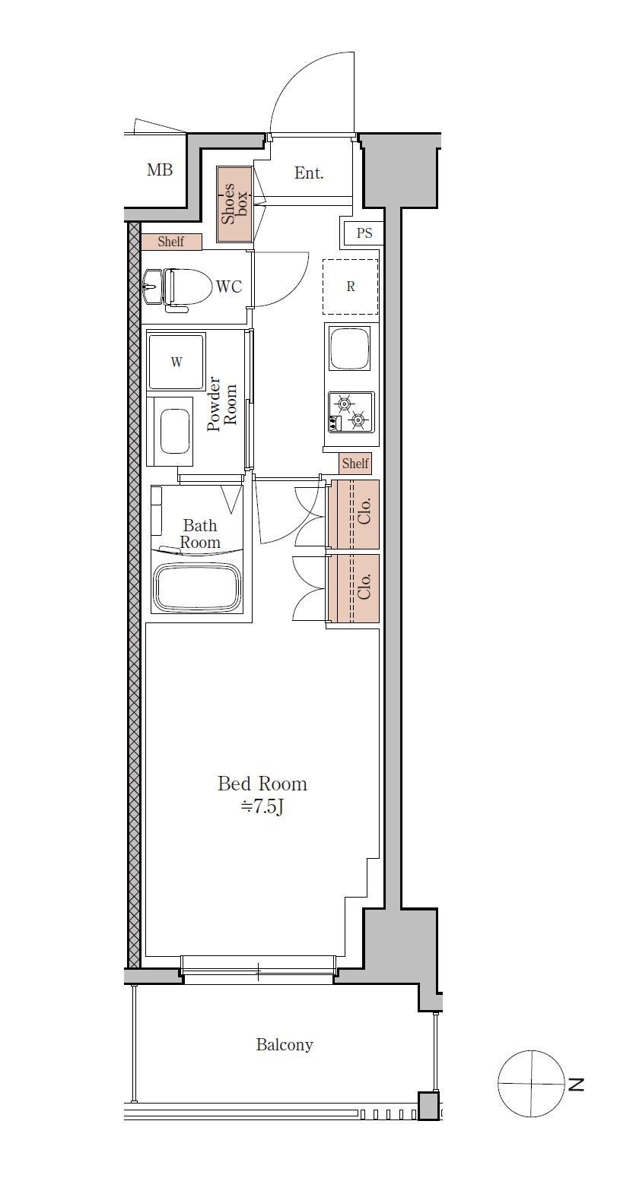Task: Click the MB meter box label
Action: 160,170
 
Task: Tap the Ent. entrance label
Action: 309,173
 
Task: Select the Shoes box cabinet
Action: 234,204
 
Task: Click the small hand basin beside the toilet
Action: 153,287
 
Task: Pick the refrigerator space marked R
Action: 351,287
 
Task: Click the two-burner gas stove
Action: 351,412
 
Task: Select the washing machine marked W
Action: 176,362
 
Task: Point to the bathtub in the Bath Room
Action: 198,588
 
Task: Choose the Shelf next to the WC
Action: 171,242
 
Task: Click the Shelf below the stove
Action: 355,464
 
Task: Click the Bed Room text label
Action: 262,784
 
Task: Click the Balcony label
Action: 284,1045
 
